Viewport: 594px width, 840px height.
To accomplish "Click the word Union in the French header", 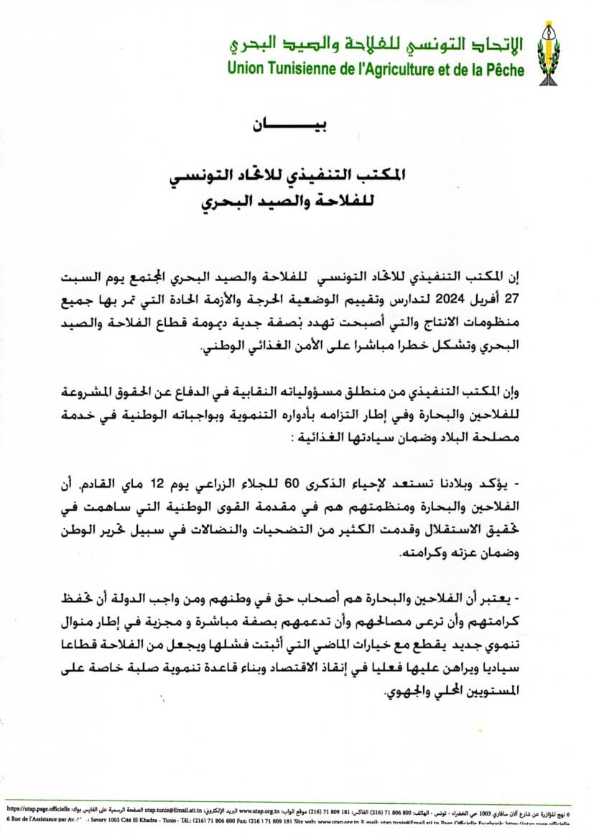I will tap(246, 70).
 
